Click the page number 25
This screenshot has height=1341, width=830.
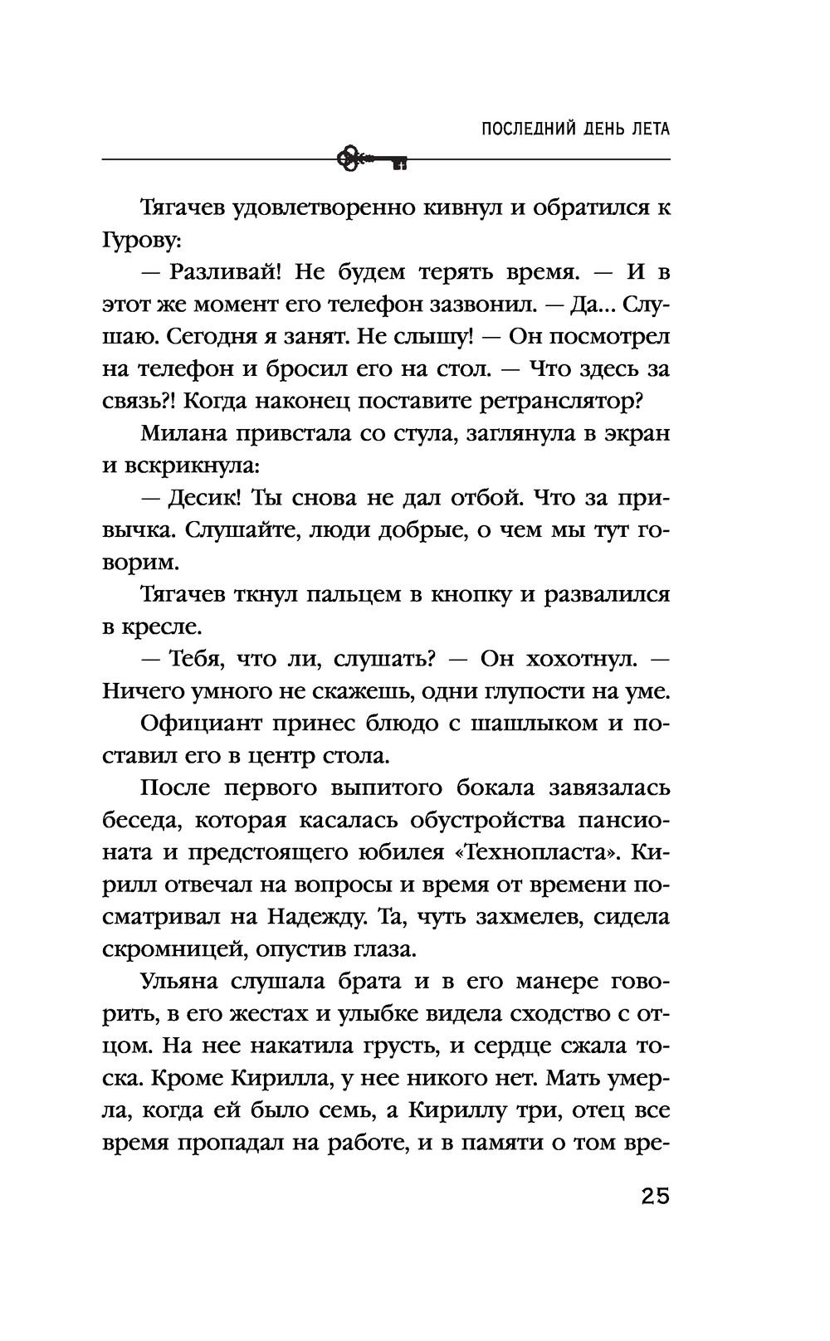654,1197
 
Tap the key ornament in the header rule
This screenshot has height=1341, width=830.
373,158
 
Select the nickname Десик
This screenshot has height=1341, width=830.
203,499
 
